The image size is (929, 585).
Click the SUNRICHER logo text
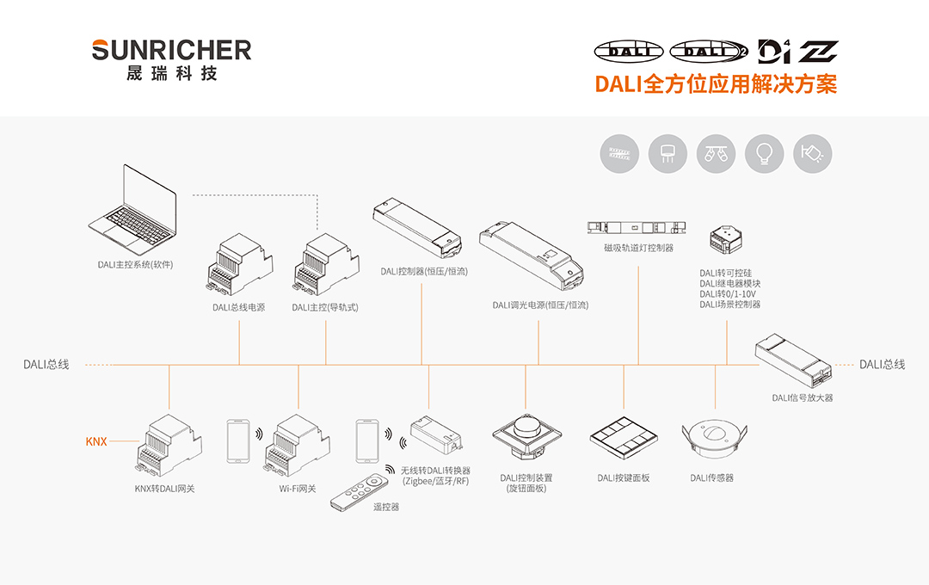[x=171, y=49]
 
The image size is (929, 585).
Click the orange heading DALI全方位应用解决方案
[x=716, y=83]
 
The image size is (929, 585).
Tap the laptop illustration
[x=135, y=206]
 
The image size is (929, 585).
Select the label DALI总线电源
[x=239, y=307]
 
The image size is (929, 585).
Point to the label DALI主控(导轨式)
[x=324, y=307]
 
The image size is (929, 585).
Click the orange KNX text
[x=95, y=441]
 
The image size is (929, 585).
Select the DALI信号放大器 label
[x=802, y=397]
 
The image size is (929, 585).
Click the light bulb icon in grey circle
[x=764, y=154]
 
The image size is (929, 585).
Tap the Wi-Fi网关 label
[x=298, y=489]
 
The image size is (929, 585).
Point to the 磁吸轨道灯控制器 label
[x=638, y=248]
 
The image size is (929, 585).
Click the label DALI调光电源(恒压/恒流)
[x=540, y=305]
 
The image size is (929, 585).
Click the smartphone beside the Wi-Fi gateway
[x=238, y=442]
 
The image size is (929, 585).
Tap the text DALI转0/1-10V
[x=728, y=293]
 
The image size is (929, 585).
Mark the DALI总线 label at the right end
[x=882, y=365]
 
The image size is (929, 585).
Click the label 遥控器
[x=385, y=508]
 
